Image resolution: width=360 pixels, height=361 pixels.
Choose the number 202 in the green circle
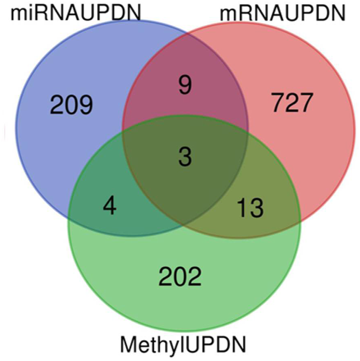[x=180, y=277]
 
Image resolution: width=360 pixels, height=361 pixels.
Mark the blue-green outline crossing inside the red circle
[x=247, y=140]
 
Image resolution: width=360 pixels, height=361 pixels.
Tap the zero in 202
[x=180, y=277]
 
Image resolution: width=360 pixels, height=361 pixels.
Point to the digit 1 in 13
[x=244, y=208]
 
